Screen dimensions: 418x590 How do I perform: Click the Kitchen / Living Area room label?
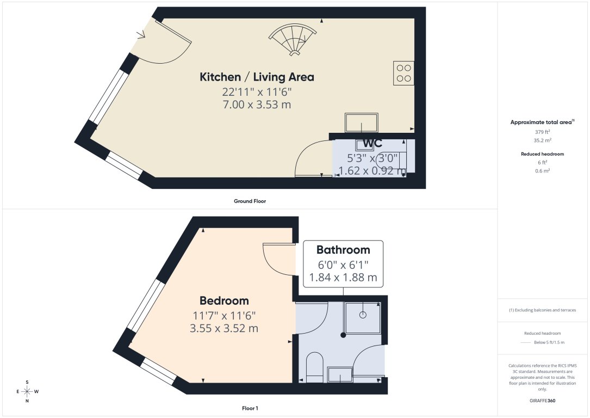pyautogui.click(x=257, y=77)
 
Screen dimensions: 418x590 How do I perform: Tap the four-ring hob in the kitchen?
pyautogui.click(x=403, y=73)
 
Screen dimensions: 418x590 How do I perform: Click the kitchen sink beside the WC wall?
pyautogui.click(x=361, y=122)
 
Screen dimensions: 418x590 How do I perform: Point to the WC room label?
pyautogui.click(x=372, y=143)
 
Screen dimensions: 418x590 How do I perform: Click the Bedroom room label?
pyautogui.click(x=224, y=300)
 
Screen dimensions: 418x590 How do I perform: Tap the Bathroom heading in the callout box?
pyautogui.click(x=343, y=250)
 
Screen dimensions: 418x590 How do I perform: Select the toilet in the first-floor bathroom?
pyautogui.click(x=315, y=366)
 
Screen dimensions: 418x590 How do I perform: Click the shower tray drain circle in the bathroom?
pyautogui.click(x=362, y=315)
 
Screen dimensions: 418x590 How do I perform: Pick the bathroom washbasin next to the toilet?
pyautogui.click(x=340, y=374)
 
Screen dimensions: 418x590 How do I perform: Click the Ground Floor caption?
pyautogui.click(x=250, y=201)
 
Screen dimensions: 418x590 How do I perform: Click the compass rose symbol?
pyautogui.click(x=27, y=391)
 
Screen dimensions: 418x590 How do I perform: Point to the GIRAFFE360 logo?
pyautogui.click(x=542, y=401)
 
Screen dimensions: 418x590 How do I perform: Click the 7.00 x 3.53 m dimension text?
pyautogui.click(x=256, y=104)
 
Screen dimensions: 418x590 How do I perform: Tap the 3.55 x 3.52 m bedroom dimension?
pyautogui.click(x=223, y=328)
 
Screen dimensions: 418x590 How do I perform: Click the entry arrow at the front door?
pyautogui.click(x=141, y=35)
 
